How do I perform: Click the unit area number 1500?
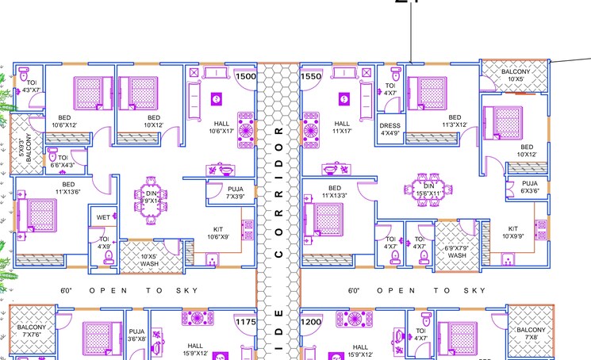click(x=246, y=77)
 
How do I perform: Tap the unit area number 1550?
click(x=312, y=77)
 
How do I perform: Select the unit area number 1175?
click(x=246, y=323)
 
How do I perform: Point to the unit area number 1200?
click(x=312, y=323)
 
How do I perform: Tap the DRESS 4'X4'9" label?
click(x=390, y=129)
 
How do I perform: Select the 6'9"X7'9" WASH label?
click(x=457, y=252)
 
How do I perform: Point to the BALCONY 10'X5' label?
click(x=515, y=75)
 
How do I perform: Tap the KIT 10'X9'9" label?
click(x=514, y=232)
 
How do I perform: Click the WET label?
click(x=103, y=217)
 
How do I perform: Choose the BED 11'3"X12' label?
click(x=433, y=121)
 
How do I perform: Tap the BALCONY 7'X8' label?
click(x=530, y=334)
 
